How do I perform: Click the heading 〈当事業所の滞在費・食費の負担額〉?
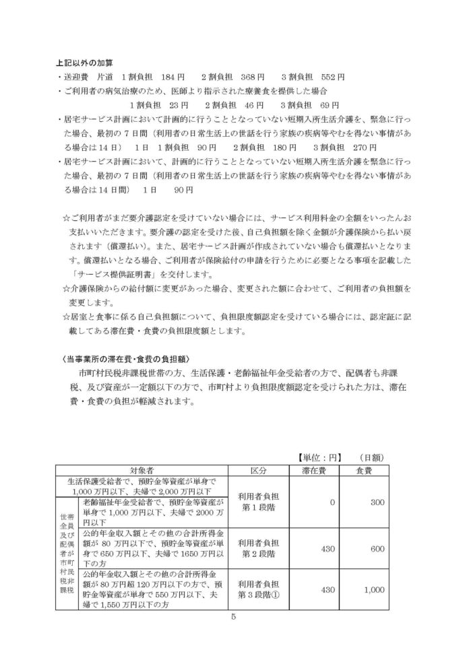tap(121, 357)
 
